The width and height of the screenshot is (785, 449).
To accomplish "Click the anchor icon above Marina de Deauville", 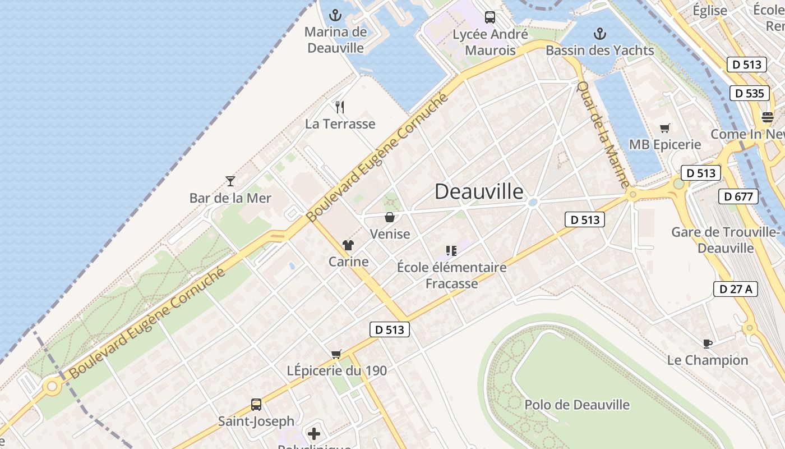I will click(335, 15).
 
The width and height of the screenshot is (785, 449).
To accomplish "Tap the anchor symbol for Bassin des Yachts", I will click(600, 34).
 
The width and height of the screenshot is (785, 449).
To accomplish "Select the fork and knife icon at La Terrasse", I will click(340, 107).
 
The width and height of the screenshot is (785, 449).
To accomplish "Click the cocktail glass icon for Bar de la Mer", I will click(230, 181).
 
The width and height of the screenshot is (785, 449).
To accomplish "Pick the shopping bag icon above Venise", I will click(390, 217).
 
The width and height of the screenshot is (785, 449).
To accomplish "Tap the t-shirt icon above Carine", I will click(348, 245).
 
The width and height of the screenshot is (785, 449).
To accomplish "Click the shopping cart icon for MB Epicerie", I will click(665, 128).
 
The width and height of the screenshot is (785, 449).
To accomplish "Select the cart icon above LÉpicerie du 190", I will click(336, 354).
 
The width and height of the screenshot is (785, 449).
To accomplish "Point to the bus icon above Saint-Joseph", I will click(256, 404).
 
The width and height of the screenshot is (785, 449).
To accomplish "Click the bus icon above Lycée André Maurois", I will click(490, 17).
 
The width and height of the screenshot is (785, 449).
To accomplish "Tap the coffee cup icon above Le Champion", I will click(708, 343).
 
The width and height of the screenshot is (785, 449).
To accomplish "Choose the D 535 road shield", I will click(749, 93).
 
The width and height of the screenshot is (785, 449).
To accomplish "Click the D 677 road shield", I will click(738, 196).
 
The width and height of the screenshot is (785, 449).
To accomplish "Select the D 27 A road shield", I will click(735, 289).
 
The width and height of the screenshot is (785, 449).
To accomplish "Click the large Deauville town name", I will click(479, 192).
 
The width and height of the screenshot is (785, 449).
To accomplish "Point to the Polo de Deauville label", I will click(577, 405).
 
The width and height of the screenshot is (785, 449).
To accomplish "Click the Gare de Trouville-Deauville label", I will click(726, 240).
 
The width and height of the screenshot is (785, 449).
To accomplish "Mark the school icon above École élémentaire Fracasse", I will click(451, 250).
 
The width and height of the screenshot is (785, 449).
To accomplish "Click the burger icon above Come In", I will click(768, 117).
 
